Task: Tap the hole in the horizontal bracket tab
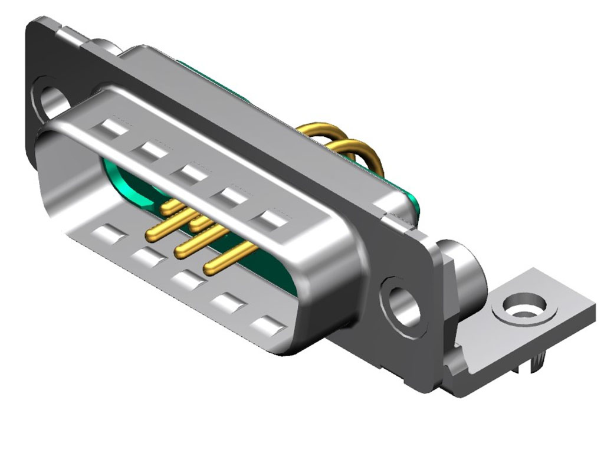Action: click(524, 307)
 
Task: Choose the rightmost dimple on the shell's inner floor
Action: click(266, 325)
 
